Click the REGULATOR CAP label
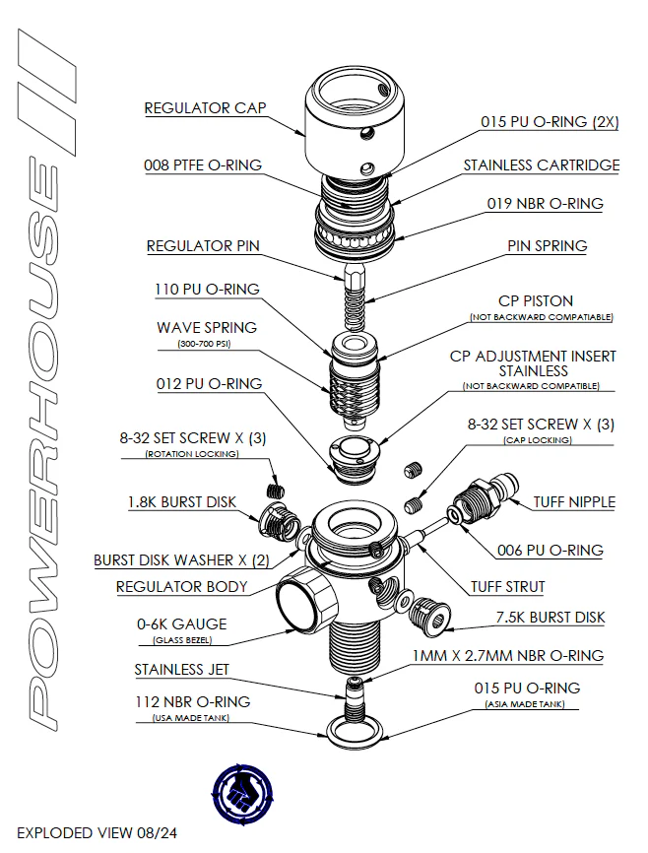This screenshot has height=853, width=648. pyautogui.click(x=205, y=107)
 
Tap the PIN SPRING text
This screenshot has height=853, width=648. pyautogui.click(x=547, y=245)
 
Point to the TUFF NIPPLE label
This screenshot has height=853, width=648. pyautogui.click(x=574, y=501)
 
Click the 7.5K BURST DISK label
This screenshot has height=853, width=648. pyautogui.click(x=550, y=618)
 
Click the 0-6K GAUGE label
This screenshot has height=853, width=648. pyautogui.click(x=181, y=623)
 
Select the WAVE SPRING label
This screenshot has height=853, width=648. pyautogui.click(x=207, y=327)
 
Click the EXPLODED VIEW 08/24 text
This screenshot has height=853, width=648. pyautogui.click(x=97, y=832)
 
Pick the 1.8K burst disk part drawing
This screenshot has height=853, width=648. pyautogui.click(x=275, y=513)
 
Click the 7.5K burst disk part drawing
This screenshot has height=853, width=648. pyautogui.click(x=428, y=614)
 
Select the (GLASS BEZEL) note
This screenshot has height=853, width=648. pyautogui.click(x=181, y=640)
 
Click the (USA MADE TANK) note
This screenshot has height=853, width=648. pyautogui.click(x=192, y=718)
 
